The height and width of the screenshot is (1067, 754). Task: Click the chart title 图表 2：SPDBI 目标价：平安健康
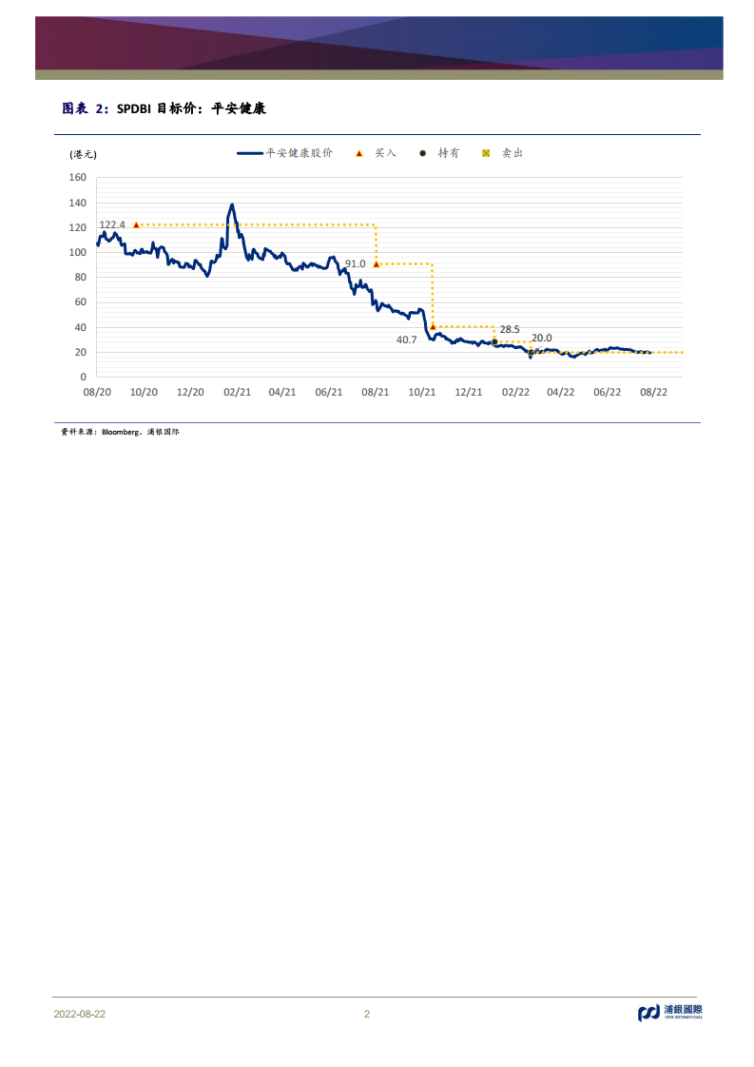coord(164,109)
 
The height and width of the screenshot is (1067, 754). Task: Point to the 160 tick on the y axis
coord(78,178)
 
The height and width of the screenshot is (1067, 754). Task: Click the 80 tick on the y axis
coord(81,278)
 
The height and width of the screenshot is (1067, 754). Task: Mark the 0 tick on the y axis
coord(84,378)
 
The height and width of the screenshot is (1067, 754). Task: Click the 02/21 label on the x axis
coord(237,392)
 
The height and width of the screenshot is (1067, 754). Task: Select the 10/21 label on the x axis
coord(422,392)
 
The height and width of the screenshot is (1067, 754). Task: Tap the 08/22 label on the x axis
coord(653,392)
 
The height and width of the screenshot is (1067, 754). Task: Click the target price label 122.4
coord(112,225)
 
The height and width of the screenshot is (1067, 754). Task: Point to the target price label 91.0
coord(355,263)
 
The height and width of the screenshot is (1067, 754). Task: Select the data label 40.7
coord(407,339)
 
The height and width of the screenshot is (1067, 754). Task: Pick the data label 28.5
coord(510,330)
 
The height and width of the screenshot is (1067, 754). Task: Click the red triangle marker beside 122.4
coord(136,224)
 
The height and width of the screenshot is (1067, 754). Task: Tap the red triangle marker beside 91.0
coord(377,263)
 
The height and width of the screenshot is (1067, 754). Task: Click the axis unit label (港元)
coord(83,154)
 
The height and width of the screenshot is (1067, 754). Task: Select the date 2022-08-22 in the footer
coord(79,1014)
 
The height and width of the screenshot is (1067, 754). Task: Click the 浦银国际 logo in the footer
coord(669,1013)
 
